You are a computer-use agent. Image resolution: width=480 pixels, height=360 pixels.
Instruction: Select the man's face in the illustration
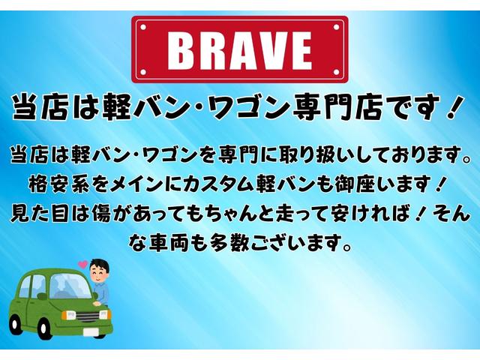tap(100, 274)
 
